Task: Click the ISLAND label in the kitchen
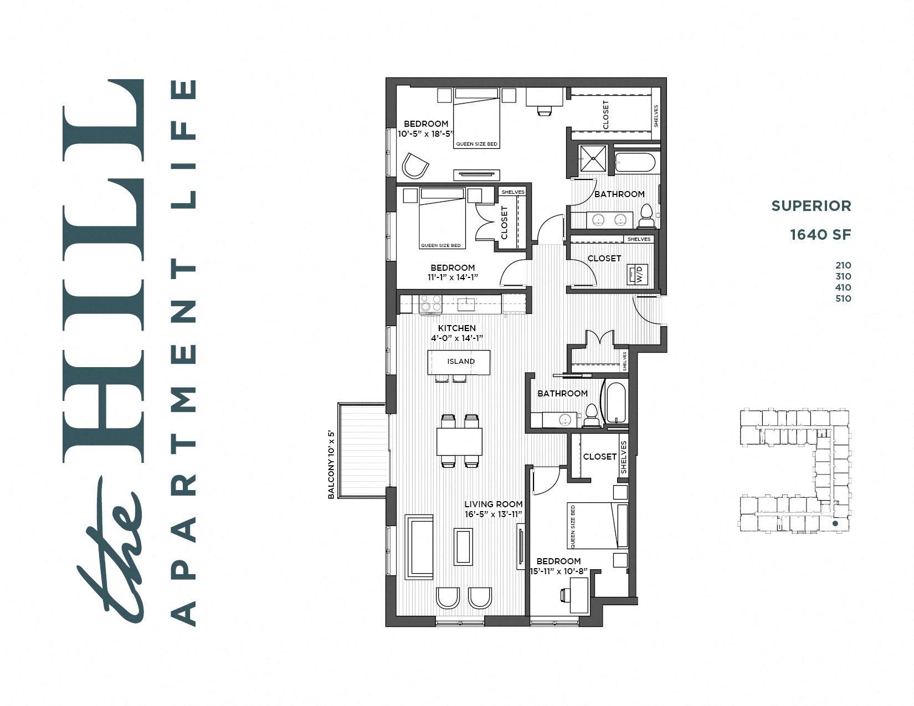pyautogui.click(x=461, y=361)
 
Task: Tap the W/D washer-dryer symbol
pyautogui.click(x=638, y=274)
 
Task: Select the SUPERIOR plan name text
pyautogui.click(x=811, y=206)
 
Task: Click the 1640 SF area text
pyautogui.click(x=820, y=234)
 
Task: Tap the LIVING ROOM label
pyautogui.click(x=493, y=504)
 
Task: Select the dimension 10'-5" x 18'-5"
pyautogui.click(x=425, y=133)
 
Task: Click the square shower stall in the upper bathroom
pyautogui.click(x=593, y=158)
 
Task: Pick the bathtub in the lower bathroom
pyautogui.click(x=615, y=403)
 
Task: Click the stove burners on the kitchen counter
pyautogui.click(x=430, y=303)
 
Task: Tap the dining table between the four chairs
pyautogui.click(x=459, y=441)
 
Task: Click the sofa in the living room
pyautogui.click(x=419, y=547)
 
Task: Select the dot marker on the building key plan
pyautogui.click(x=835, y=523)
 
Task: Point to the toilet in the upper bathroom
pyautogui.click(x=646, y=217)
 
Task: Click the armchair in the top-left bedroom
pyautogui.click(x=414, y=166)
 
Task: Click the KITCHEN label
pyautogui.click(x=456, y=328)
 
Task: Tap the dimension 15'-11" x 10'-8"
pyautogui.click(x=558, y=571)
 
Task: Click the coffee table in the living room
pyautogui.click(x=463, y=547)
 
